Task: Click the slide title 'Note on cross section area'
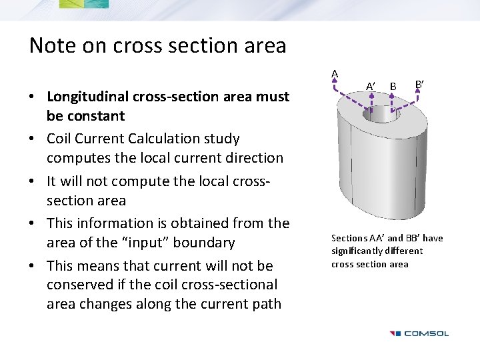click(x=157, y=45)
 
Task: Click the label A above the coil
click(x=335, y=73)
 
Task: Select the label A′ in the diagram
click(x=371, y=85)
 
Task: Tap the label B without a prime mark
click(x=393, y=85)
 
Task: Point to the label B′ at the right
click(x=419, y=84)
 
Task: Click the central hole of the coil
click(x=381, y=115)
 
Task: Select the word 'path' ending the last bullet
click(x=267, y=304)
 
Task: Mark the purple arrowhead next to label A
click(x=336, y=85)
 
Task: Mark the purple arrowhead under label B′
click(x=418, y=97)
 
